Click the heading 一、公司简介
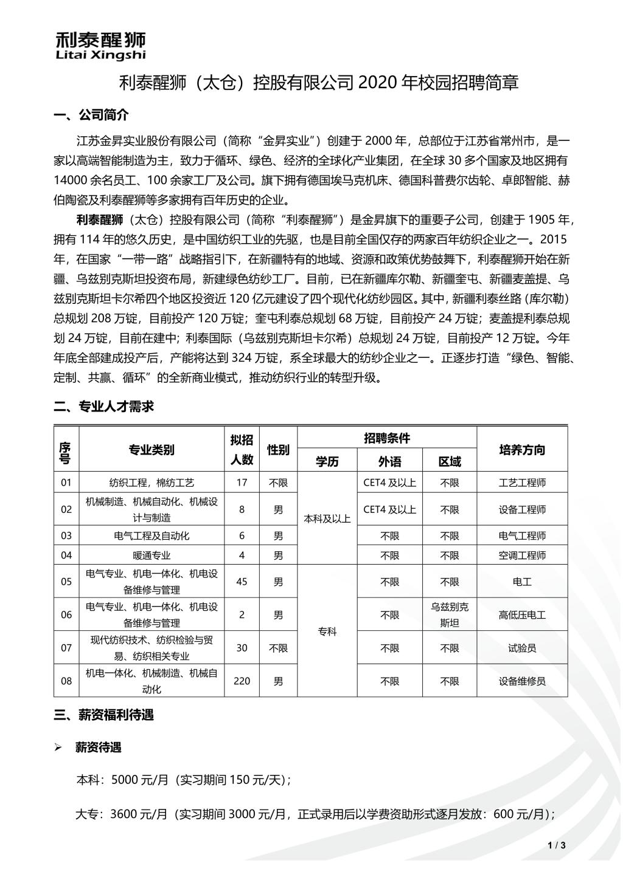(91, 115)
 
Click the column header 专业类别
(151, 450)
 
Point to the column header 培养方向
(522, 450)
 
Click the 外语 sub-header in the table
(389, 462)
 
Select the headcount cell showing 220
(242, 681)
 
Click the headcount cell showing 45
(242, 582)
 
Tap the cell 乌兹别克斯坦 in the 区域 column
(450, 614)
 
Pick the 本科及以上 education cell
(327, 518)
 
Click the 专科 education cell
(327, 631)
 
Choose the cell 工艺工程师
(522, 483)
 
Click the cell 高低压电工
(522, 615)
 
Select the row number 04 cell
(66, 555)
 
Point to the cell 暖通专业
(151, 555)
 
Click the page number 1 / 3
(557, 845)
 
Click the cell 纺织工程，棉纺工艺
(151, 483)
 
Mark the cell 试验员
(522, 648)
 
